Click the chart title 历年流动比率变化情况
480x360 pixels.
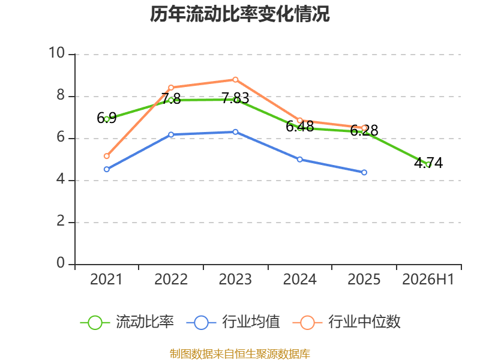239,14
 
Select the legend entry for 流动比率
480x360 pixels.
127,322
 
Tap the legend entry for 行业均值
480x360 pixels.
233,322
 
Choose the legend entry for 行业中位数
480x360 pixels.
346,322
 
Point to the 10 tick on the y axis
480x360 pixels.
57,53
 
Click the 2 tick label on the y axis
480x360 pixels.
61,221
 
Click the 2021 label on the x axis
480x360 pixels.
106,279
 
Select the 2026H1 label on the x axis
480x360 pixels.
428,279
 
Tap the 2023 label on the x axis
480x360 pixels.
235,279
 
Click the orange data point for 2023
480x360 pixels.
235,80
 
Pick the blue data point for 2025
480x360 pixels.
364,173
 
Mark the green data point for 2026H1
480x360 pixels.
428,164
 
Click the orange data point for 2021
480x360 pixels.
107,156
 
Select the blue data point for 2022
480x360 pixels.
171,134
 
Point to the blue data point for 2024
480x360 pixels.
299,160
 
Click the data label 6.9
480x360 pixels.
107,118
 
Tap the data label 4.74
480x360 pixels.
428,163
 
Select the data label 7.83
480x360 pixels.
235,98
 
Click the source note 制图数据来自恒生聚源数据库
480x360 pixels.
239,354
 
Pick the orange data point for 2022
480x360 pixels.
171,88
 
